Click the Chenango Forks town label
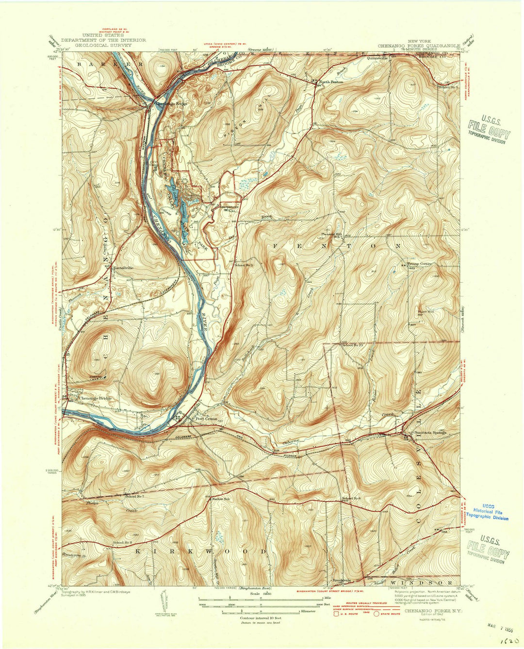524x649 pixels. [170, 103]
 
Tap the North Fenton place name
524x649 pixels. [332, 82]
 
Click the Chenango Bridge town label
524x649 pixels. [96, 398]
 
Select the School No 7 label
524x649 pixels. [135, 496]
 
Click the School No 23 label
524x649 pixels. [353, 345]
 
